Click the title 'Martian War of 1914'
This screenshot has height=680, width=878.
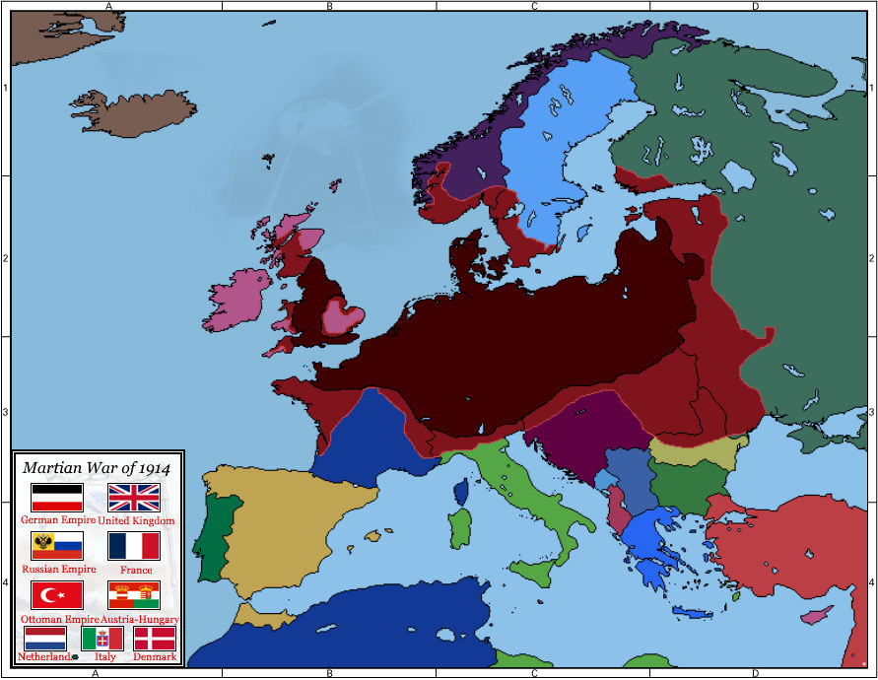pos(97,468)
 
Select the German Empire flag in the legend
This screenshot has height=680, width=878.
pos(57,496)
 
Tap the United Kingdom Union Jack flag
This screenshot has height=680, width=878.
pos(134,496)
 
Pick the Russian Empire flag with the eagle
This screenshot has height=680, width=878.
pos(57,546)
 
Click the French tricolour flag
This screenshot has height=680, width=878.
pos(134,546)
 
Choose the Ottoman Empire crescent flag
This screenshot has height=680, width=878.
pos(57,594)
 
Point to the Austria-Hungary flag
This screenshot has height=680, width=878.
pos(134,594)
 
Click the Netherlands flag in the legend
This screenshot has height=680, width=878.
pos(45,638)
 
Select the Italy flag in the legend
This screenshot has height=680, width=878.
pos(101,638)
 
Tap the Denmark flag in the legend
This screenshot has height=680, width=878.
pos(155,638)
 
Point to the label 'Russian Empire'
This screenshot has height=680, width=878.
pos(58,569)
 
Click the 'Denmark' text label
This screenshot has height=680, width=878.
pos(156,656)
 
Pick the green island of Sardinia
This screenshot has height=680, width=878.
pos(459,528)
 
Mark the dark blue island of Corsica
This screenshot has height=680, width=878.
pos(460,490)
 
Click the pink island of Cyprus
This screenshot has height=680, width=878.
pos(816,616)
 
